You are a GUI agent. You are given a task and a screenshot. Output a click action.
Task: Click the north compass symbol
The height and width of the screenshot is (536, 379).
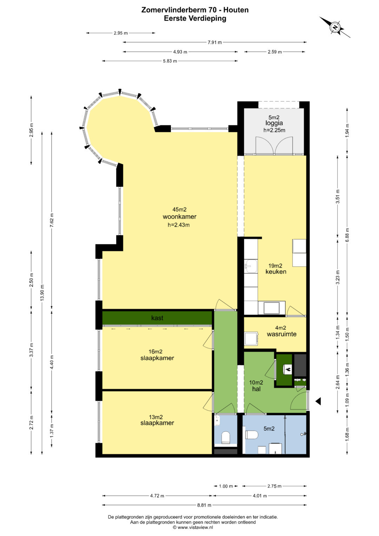point(335,27)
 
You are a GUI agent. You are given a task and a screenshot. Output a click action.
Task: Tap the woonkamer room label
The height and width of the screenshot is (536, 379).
point(179,217)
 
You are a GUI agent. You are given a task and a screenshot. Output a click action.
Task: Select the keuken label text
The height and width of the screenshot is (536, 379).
point(276,272)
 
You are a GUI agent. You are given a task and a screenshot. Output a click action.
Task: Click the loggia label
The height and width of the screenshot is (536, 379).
point(274,123)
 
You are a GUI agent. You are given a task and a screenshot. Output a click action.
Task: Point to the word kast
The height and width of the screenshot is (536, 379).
point(157,318)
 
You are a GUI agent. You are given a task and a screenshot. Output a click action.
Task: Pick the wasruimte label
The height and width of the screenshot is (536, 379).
point(281,334)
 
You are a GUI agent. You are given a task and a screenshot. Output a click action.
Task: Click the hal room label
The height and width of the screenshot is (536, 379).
point(256,389)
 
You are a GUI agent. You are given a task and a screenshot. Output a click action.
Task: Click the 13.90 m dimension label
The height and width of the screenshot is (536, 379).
point(42,293)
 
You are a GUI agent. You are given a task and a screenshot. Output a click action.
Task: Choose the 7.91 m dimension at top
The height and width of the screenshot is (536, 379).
point(214,42)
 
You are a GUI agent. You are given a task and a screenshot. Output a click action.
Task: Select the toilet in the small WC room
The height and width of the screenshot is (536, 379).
point(225,437)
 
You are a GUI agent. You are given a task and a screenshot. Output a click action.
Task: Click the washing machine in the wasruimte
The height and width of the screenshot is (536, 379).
point(251,339)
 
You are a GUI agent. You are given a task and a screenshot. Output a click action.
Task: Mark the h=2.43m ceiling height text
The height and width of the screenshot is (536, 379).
point(179,225)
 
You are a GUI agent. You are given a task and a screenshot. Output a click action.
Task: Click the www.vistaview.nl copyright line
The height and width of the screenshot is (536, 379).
point(193,527)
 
